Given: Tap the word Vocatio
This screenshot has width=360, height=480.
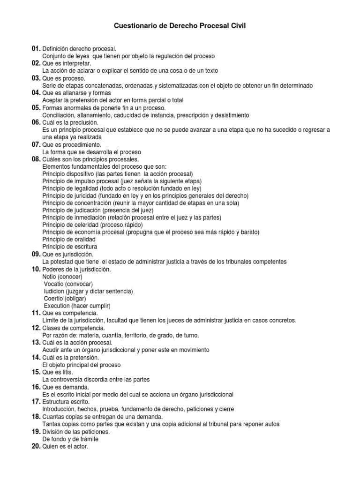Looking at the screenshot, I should click(x=54, y=284).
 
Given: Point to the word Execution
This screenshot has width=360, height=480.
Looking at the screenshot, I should click(x=56, y=306).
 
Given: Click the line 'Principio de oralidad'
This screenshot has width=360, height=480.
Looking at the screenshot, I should click(x=69, y=240).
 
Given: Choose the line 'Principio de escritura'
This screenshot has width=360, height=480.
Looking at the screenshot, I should click(x=70, y=247).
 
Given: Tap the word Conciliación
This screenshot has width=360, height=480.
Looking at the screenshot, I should click(x=59, y=115).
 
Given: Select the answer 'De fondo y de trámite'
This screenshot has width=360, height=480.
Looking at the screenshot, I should click(x=70, y=439).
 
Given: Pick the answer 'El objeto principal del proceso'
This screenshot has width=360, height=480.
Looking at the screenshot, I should click(x=82, y=365).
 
